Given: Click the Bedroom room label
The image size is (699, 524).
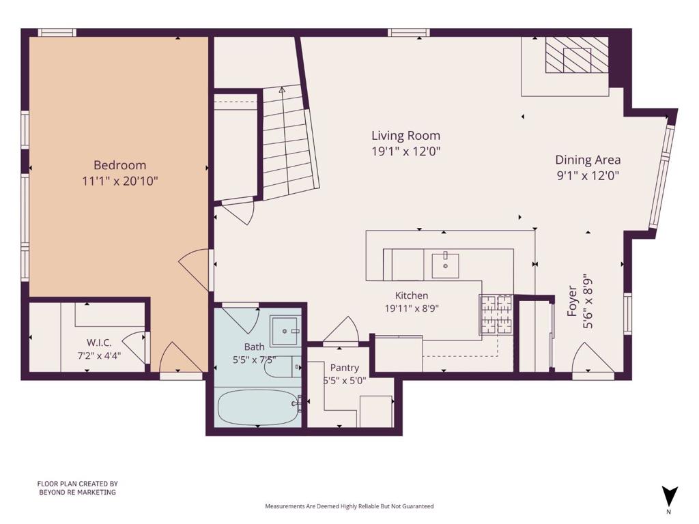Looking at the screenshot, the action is (119, 165).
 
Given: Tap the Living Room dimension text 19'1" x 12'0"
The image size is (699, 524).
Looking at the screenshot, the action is (405, 151).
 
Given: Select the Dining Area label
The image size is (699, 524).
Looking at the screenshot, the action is (588, 160).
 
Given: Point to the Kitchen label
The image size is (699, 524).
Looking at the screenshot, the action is (412, 295).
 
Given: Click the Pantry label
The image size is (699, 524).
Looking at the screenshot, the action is (345, 368).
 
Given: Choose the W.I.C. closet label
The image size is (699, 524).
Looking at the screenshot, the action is (99, 343).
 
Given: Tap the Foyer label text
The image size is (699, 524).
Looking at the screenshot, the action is (572, 301).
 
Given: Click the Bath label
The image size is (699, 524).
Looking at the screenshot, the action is (254, 347).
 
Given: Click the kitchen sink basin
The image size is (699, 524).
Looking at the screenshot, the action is (445, 266).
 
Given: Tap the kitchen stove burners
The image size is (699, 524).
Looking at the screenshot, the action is (496, 314).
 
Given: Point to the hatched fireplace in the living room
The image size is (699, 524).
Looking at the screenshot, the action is (577, 55).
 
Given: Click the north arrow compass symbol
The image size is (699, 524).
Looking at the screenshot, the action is (669, 497).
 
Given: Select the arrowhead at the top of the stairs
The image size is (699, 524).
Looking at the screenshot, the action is (282, 89).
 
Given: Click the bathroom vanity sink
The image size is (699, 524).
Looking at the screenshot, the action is (284, 331).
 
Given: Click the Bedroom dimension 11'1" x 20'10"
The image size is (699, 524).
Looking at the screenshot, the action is (120, 181).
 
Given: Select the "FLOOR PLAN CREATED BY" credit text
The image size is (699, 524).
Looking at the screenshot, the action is (78, 484).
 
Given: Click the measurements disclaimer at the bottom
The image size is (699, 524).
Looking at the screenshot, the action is (349, 506).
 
